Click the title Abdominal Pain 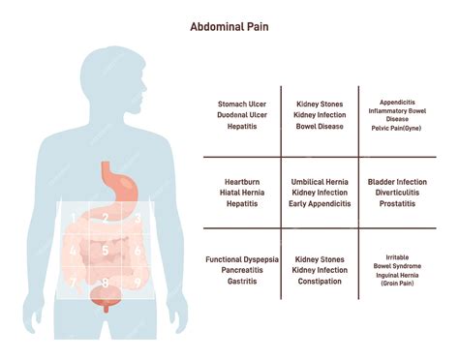tap(229, 27)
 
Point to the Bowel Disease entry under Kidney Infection tap(321, 126)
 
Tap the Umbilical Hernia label tap(321, 181)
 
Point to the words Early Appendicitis tap(321, 205)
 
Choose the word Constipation tap(321, 284)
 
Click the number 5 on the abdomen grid tap(104, 250)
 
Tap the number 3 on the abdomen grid tap(138, 218)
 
